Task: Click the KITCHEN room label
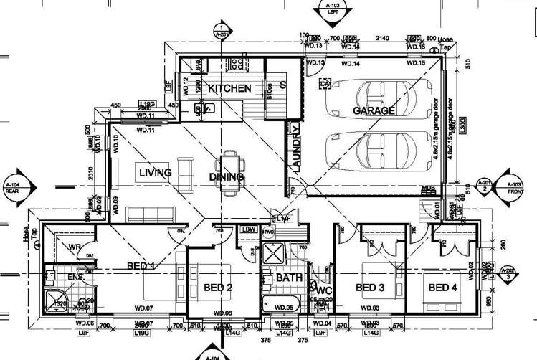click(229, 89)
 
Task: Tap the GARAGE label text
click(373, 111)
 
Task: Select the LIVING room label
click(155, 173)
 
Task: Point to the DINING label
click(226, 177)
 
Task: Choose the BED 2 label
click(219, 288)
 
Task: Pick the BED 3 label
click(371, 288)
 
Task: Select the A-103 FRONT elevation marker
click(515, 184)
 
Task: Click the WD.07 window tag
click(145, 309)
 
